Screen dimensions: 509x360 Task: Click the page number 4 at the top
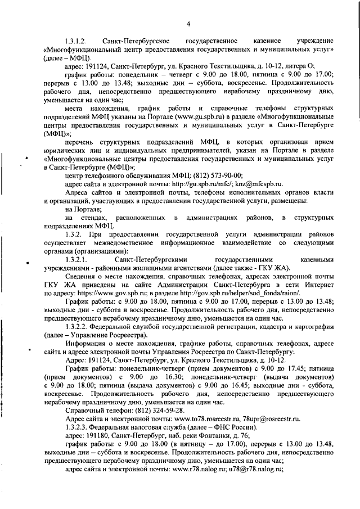(188, 24)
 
